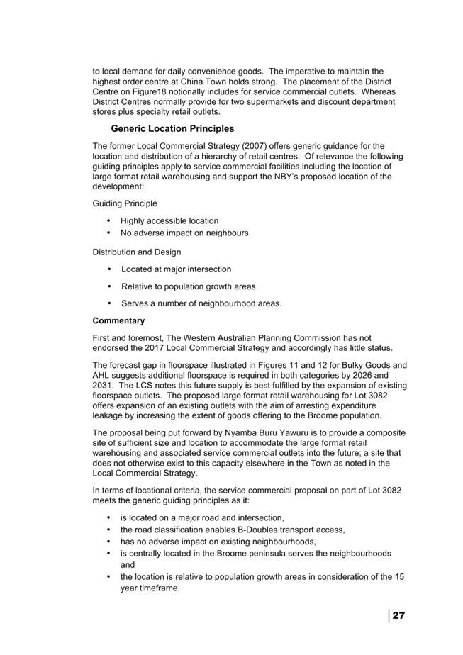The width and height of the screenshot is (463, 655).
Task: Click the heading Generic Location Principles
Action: (172, 129)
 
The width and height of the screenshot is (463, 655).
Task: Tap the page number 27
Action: (398, 615)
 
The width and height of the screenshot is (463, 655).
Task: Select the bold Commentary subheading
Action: (118, 320)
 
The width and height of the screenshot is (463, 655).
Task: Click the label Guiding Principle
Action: (125, 203)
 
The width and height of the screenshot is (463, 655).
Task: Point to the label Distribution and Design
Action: (137, 252)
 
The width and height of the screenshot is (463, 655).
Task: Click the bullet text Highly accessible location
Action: (169, 221)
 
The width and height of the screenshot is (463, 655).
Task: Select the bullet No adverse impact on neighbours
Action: (184, 233)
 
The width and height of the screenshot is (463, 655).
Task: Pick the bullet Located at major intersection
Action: (176, 269)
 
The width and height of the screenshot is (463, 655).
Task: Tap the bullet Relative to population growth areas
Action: (189, 286)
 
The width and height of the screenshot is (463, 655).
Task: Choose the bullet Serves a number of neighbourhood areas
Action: (201, 303)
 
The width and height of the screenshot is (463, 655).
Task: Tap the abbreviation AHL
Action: (104, 376)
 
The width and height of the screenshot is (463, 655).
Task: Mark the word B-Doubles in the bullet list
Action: (270, 530)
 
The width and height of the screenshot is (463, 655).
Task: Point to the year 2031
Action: (104, 386)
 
